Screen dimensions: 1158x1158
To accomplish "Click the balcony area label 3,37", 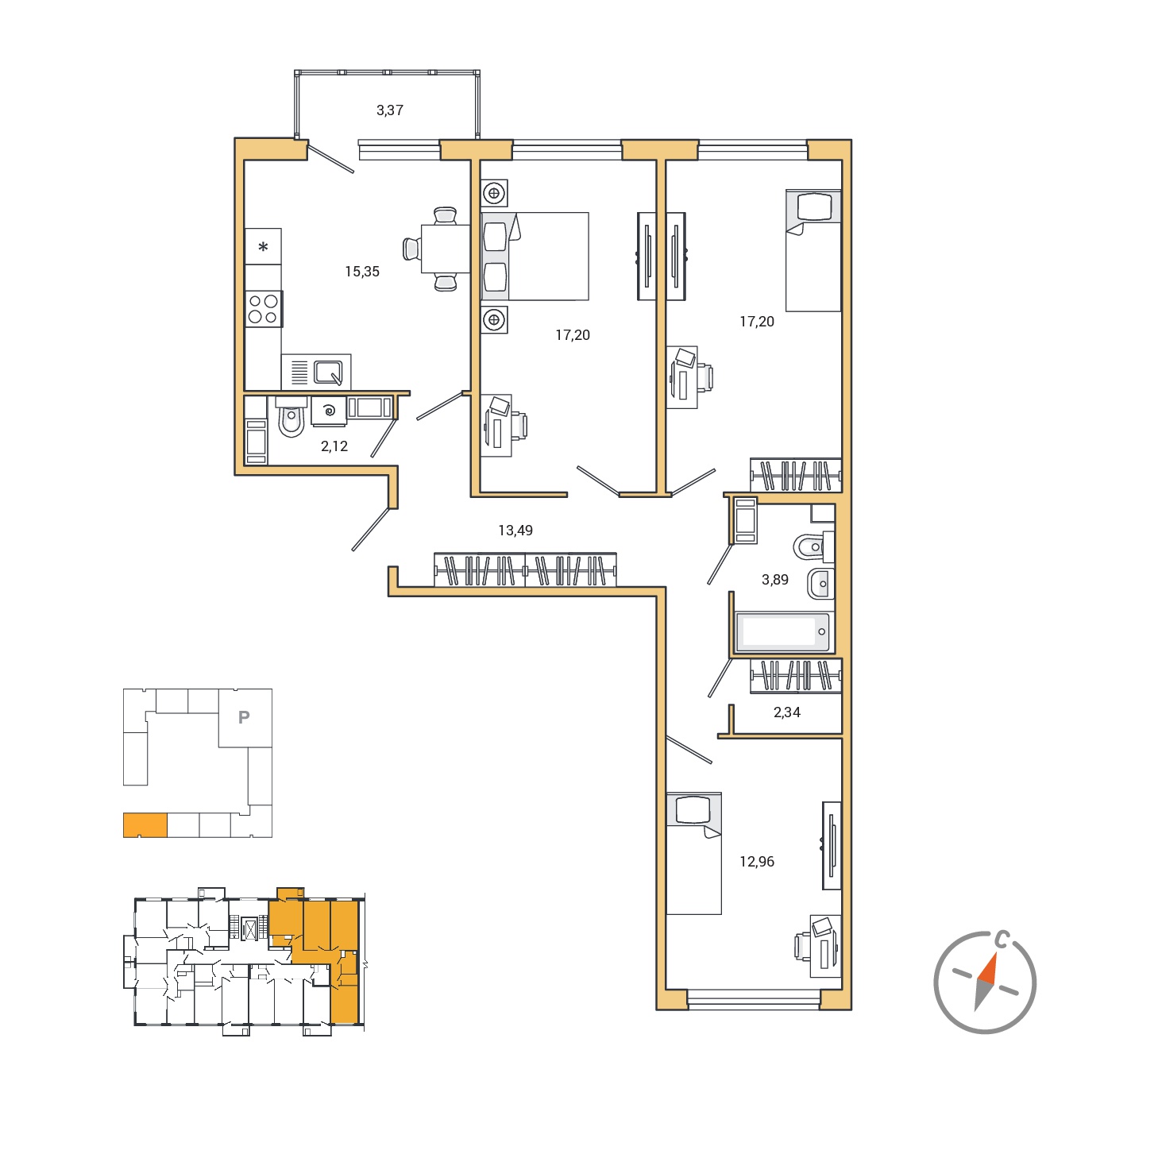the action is coord(389,110).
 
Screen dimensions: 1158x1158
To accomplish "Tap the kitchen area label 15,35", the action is coord(361,272).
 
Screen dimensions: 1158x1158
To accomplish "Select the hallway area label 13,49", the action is coord(515,530).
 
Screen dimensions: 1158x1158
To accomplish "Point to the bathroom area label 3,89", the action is coord(774,579).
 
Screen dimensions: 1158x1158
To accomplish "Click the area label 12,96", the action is coord(757,861).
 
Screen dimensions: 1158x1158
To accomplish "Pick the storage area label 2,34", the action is coord(786,712).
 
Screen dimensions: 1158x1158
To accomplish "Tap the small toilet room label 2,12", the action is coord(334,446).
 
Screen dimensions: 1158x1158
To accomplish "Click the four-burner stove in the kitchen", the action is coord(263,309).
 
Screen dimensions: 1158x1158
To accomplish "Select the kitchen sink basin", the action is coord(328,372).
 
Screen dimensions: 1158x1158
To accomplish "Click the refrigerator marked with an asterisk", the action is coord(263,246).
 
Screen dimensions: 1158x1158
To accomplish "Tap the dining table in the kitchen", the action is coord(446,249).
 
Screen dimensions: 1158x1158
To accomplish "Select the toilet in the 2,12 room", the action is coord(291,418).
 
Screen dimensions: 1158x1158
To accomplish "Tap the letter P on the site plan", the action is coord(244,717).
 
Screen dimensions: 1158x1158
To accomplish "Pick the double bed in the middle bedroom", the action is coord(535,256).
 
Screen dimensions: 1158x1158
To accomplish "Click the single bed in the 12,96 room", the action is coord(693,854).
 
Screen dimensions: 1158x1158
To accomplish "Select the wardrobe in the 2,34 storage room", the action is coord(796,675).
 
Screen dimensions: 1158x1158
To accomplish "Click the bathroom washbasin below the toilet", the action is coord(820,583).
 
